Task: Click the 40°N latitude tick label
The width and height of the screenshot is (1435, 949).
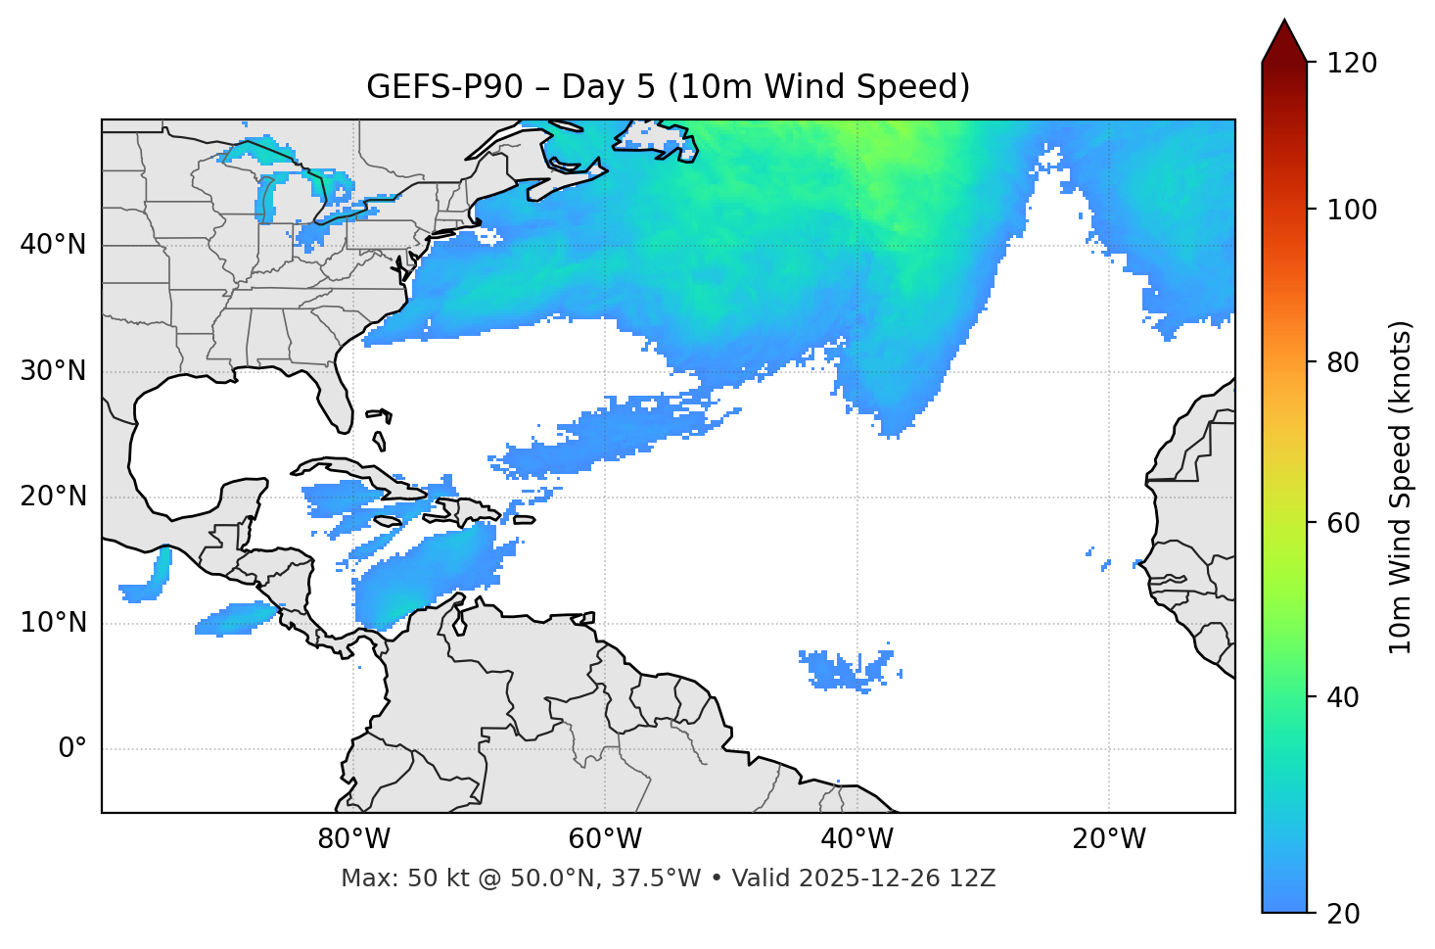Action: (53, 245)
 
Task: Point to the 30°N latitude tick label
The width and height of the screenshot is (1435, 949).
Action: (53, 371)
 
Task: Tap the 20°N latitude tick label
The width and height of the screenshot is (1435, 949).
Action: (53, 497)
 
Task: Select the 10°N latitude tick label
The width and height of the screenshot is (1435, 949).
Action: (53, 623)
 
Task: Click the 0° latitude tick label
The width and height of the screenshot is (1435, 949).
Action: (72, 749)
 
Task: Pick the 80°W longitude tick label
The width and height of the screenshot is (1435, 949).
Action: (353, 839)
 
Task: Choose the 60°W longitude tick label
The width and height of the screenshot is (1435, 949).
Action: (605, 839)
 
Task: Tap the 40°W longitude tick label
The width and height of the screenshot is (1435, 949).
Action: (856, 839)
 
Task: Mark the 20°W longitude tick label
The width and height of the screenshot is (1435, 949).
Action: (1109, 839)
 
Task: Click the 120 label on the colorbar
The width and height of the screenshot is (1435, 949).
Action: (1351, 64)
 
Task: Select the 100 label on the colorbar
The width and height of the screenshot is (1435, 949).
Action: (1351, 210)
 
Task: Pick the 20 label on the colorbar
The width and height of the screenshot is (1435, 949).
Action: (1344, 914)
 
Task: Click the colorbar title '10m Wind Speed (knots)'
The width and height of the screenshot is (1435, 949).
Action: (1401, 487)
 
